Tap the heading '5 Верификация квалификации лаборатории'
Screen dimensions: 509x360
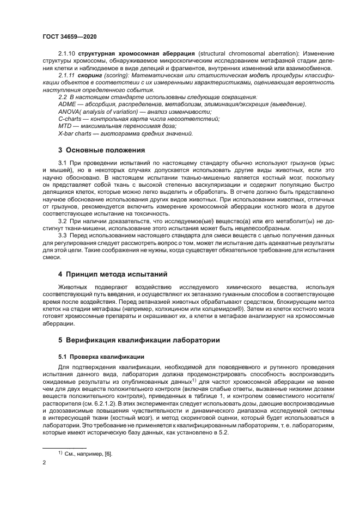139,340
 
